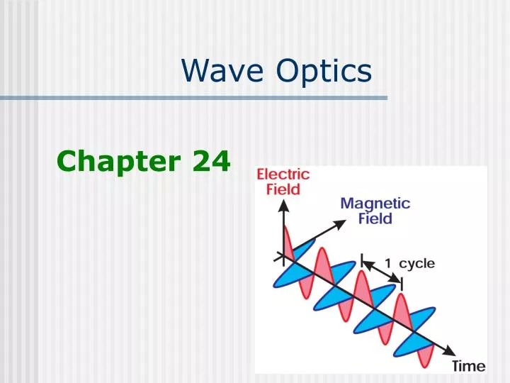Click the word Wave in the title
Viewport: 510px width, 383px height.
point(222,71)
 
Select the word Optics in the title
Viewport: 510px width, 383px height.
point(324,71)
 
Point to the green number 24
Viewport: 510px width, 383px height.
point(211,162)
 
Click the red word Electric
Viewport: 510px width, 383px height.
point(283,174)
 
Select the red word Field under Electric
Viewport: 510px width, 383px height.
point(283,189)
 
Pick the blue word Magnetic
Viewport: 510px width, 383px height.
point(375,204)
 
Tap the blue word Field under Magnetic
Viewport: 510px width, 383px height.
point(375,218)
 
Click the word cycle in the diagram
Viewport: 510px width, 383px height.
point(417,263)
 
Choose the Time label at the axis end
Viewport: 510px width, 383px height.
point(469,366)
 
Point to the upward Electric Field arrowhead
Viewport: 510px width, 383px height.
point(283,206)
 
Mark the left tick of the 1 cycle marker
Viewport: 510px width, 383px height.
point(363,262)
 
